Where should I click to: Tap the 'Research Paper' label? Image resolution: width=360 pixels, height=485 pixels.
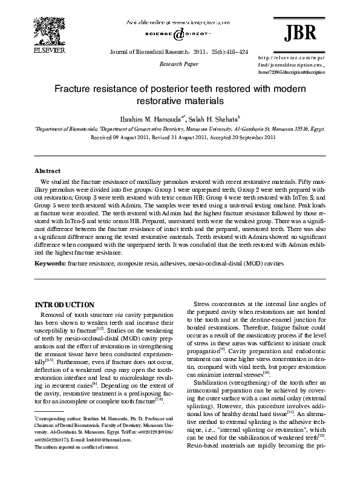pyautogui.click(x=174, y=62)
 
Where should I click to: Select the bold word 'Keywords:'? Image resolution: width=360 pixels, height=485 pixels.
pyautogui.click(x=50, y=264)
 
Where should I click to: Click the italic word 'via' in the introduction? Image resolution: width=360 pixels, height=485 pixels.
pyautogui.click(x=121, y=314)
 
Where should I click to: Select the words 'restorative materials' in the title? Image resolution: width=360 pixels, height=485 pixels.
pyautogui.click(x=180, y=100)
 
